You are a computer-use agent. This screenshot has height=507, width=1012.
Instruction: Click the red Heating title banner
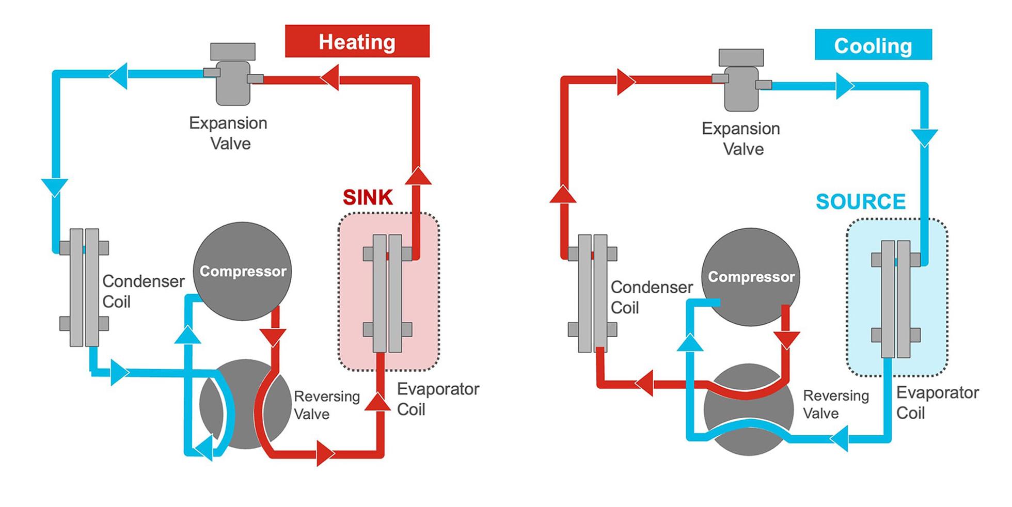click(357, 41)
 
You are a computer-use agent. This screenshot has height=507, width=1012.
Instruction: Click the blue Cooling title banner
click(873, 45)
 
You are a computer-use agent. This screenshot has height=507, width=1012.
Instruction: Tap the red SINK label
click(368, 197)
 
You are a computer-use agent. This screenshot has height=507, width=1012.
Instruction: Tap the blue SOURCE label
click(860, 201)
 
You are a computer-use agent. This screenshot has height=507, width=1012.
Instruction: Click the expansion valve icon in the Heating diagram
click(233, 77)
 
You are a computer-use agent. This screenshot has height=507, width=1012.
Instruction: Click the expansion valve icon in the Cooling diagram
click(741, 83)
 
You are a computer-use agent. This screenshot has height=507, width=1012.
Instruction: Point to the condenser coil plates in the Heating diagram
click(84, 287)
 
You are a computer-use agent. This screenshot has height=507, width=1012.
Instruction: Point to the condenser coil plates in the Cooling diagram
click(592, 293)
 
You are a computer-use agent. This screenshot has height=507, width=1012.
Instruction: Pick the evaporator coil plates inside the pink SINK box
click(387, 293)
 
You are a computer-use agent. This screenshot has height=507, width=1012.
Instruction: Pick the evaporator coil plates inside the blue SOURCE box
click(895, 298)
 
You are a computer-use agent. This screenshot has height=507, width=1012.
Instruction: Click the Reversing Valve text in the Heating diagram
click(326, 405)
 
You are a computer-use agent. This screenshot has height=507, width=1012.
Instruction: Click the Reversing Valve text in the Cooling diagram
click(835, 404)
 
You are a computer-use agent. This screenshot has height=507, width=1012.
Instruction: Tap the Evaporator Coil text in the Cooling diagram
click(937, 403)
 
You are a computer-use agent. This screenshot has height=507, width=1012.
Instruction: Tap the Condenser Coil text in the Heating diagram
click(143, 291)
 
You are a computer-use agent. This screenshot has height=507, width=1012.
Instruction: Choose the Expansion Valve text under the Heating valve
click(228, 133)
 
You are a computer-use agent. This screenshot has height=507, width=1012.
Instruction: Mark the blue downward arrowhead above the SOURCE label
click(924, 137)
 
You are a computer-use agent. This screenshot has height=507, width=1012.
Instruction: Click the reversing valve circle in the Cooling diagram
click(748, 410)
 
